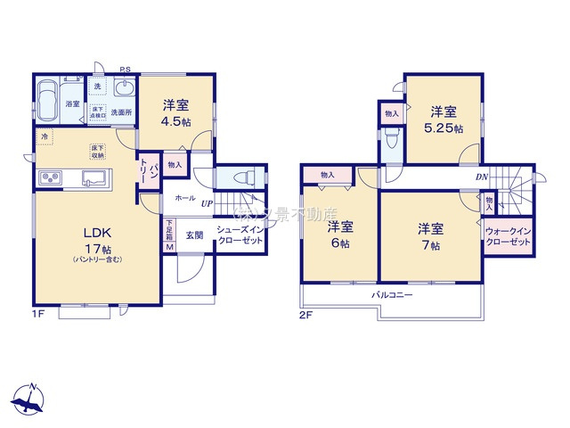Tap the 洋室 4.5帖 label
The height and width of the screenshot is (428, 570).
(175, 114)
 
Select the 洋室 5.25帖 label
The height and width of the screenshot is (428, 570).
(444, 119)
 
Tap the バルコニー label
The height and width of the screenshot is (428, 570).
(392, 295)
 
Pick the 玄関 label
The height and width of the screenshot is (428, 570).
(194, 235)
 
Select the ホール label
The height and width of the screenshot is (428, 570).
(185, 198)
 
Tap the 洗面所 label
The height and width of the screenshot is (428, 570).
(122, 112)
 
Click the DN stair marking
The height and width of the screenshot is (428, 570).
(481, 177)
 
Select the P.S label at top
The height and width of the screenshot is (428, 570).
(126, 68)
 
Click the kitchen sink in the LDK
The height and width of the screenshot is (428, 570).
(94, 177)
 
